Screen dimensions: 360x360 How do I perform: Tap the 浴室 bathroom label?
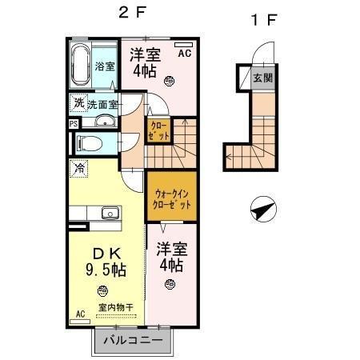[x=104, y=66]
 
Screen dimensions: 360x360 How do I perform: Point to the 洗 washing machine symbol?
[x=78, y=102]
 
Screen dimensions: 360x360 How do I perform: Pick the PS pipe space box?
[x=73, y=123]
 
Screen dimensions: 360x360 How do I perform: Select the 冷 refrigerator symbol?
[x=78, y=169]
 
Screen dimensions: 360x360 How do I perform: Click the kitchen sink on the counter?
[x=109, y=213]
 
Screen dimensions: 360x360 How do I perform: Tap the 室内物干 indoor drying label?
[x=115, y=307]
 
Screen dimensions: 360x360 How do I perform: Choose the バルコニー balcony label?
[x=130, y=342]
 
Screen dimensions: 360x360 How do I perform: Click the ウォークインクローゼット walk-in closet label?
[x=170, y=197]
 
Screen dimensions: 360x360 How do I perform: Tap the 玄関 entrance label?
[x=262, y=79]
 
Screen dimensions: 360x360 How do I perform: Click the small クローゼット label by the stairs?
[x=157, y=130]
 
